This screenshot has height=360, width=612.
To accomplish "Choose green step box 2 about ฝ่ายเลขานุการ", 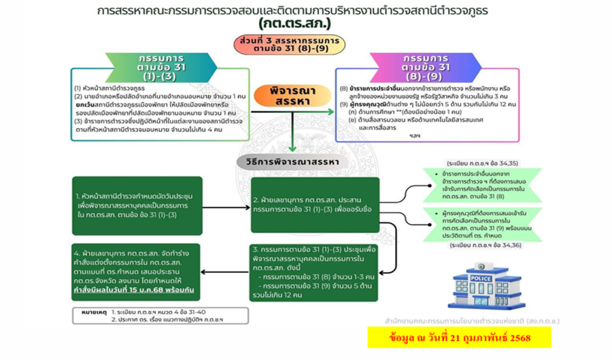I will click(314, 205).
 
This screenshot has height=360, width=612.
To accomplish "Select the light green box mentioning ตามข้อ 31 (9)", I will click(482, 224).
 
